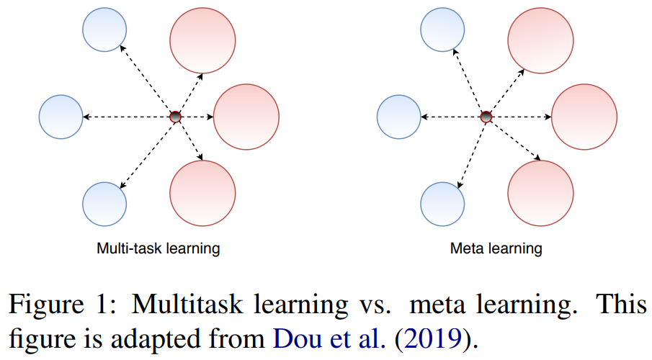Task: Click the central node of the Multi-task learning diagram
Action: [x=174, y=117]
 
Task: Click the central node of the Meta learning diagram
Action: [x=486, y=117]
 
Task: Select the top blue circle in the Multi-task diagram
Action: [x=104, y=30]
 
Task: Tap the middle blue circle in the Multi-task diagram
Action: [x=61, y=117]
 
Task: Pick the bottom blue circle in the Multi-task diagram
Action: [x=104, y=203]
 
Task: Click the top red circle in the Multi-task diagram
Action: [x=202, y=39]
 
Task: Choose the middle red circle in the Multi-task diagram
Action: [x=246, y=117]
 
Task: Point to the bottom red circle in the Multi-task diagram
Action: [x=202, y=194]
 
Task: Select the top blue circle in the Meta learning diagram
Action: [x=442, y=30]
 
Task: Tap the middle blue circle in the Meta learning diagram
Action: [x=398, y=117]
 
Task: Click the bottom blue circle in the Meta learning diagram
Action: [x=442, y=203]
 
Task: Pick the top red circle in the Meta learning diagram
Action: [x=541, y=39]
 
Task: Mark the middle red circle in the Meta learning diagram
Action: [x=584, y=117]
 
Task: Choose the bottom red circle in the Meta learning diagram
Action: [x=541, y=194]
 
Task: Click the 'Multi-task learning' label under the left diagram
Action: [x=158, y=249]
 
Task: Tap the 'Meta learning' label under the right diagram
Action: [x=496, y=249]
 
